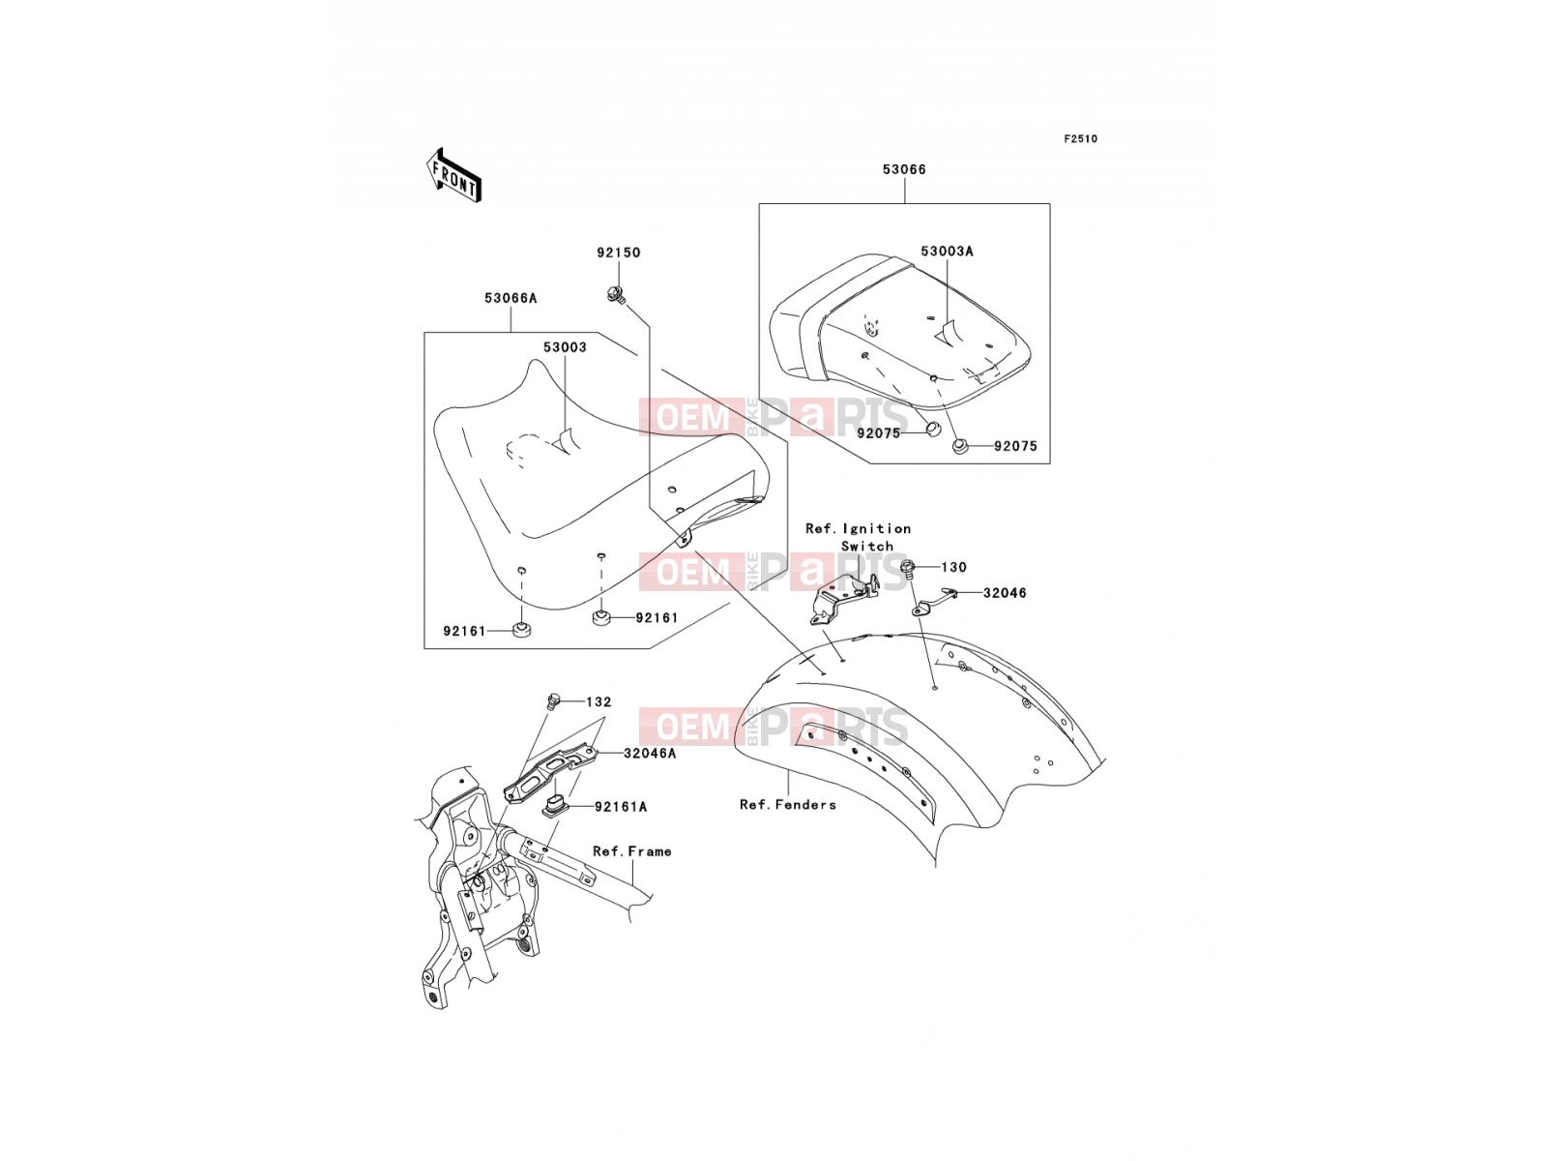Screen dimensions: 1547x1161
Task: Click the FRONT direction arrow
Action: pyautogui.click(x=453, y=175)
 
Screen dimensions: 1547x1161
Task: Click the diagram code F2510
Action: pyautogui.click(x=1080, y=139)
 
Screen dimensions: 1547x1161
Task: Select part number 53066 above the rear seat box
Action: pyautogui.click(x=904, y=169)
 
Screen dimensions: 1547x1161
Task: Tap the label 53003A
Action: pyautogui.click(x=947, y=251)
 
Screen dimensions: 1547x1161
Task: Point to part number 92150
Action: pyautogui.click(x=619, y=253)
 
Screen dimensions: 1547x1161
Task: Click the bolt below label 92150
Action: pyautogui.click(x=616, y=295)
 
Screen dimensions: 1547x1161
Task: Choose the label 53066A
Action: pyautogui.click(x=511, y=298)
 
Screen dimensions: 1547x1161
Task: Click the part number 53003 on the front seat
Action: pyautogui.click(x=565, y=346)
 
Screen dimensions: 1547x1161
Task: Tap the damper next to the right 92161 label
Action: pyautogui.click(x=601, y=618)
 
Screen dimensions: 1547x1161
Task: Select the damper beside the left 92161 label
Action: pyautogui.click(x=521, y=631)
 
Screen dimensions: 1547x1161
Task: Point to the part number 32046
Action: pyautogui.click(x=1005, y=593)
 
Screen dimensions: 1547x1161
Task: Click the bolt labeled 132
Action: pyautogui.click(x=554, y=700)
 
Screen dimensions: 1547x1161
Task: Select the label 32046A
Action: pyautogui.click(x=649, y=753)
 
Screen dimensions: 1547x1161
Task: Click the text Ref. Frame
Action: pyautogui.click(x=632, y=850)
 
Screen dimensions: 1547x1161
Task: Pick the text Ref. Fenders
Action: pyautogui.click(x=788, y=804)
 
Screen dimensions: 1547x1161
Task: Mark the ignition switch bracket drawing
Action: pyautogui.click(x=844, y=599)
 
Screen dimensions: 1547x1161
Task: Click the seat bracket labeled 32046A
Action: pyautogui.click(x=550, y=772)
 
